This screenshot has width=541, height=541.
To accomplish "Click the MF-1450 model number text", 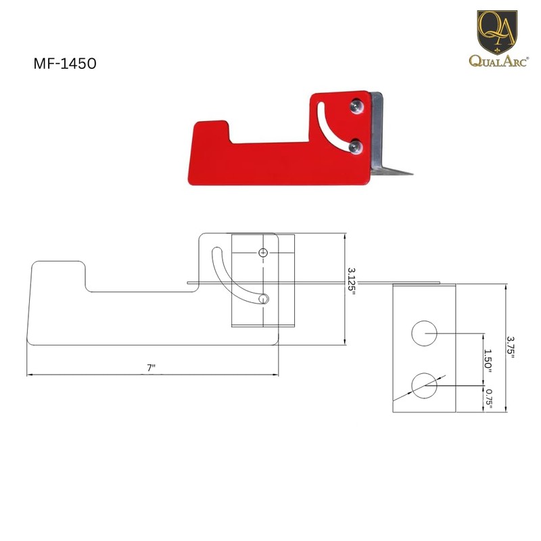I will pyautogui.click(x=65, y=64).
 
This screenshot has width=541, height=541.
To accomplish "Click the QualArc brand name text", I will pyautogui.click(x=498, y=62).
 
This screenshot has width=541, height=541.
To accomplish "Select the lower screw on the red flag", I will pyautogui.click(x=356, y=144).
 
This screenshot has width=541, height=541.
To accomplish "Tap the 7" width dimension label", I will pyautogui.click(x=151, y=368).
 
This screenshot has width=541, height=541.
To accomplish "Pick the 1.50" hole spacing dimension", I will pyautogui.click(x=488, y=361).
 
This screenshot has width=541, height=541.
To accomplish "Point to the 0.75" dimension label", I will pyautogui.click(x=488, y=399).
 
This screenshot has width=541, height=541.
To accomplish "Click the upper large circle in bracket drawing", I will pyautogui.click(x=425, y=333).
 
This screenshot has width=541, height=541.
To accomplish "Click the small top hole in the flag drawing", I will pyautogui.click(x=264, y=252).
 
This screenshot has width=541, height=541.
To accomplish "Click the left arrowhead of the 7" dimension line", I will pyautogui.click(x=29, y=374).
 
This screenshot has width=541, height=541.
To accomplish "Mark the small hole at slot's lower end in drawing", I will pyautogui.click(x=264, y=298).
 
